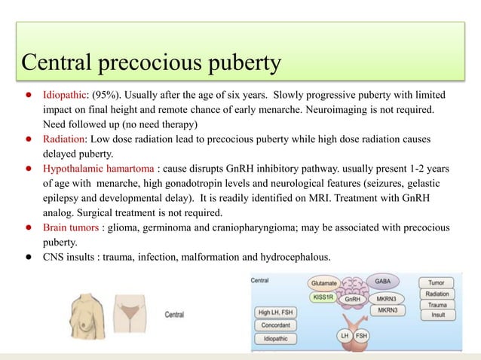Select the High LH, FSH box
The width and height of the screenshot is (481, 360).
(275, 313)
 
